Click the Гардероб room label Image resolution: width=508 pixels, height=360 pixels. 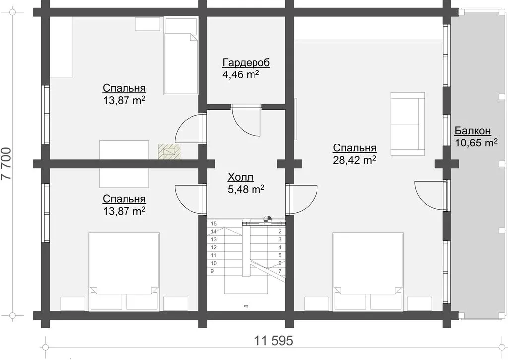(246, 62)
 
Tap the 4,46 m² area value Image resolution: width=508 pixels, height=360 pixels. (241, 75)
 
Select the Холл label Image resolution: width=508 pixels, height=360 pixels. (241, 177)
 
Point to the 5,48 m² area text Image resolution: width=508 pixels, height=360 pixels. (246, 189)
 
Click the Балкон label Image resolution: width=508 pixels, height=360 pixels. (473, 131)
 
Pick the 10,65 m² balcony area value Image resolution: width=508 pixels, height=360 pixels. (476, 143)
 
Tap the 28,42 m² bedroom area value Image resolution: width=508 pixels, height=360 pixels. (354, 160)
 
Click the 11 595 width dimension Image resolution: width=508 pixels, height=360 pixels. (273, 341)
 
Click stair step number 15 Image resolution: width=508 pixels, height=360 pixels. (214, 224)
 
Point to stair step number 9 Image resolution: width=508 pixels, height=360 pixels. (212, 271)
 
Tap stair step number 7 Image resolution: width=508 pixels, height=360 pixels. (280, 271)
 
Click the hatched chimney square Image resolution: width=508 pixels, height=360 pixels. (169, 151)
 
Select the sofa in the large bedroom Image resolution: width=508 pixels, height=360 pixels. (408, 124)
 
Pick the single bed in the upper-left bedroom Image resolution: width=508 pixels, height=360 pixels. (181, 57)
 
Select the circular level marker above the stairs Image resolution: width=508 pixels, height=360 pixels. (267, 219)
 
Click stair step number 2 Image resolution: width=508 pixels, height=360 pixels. (280, 232)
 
